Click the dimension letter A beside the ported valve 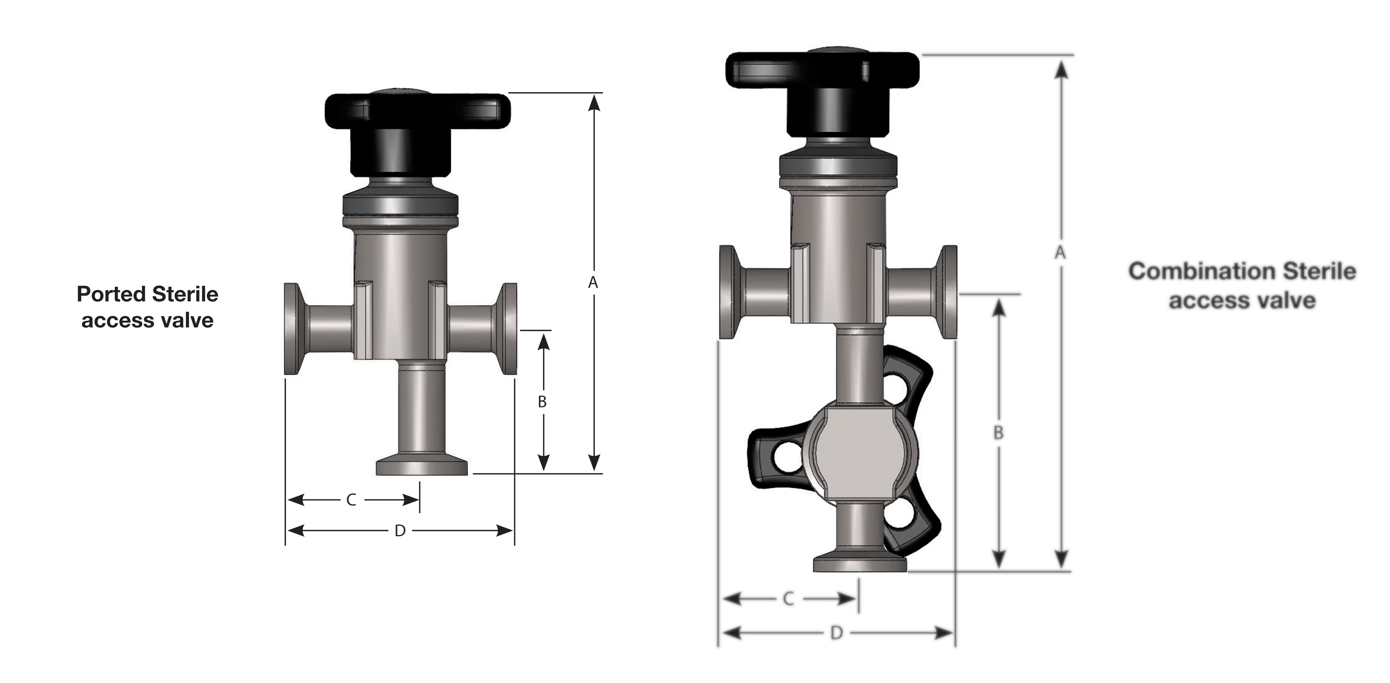[593, 282]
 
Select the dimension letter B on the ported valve [542, 402]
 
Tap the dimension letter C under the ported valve [351, 500]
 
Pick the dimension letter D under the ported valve [400, 531]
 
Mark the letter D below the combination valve [836, 632]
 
